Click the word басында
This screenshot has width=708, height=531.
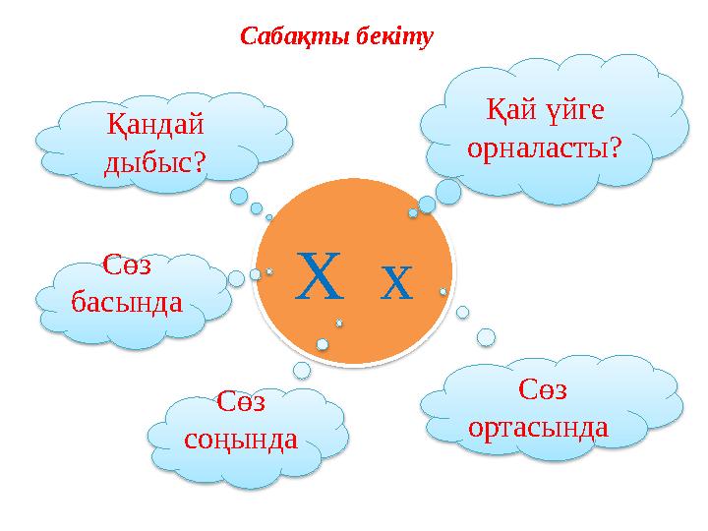[127, 299]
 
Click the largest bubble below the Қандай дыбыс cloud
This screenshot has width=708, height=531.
[239, 196]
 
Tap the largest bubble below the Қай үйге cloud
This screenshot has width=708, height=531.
[448, 191]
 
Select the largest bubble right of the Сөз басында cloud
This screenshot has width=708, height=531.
[236, 278]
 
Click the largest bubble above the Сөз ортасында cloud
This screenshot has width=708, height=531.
[486, 337]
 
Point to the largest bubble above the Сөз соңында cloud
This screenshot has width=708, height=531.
[302, 370]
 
